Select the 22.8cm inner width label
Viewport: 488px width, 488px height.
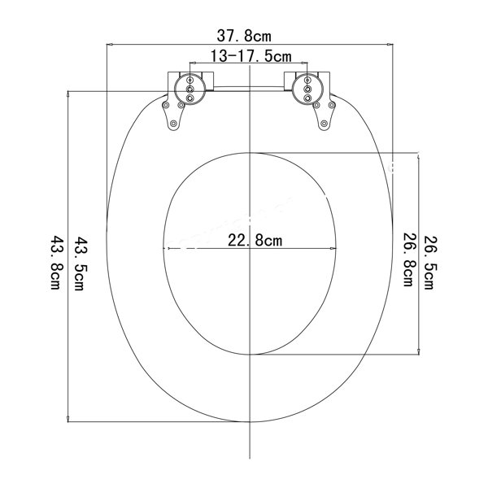[x=255, y=240]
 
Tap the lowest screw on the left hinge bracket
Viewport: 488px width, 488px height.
[x=172, y=124]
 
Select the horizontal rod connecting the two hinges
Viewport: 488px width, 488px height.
[x=248, y=84]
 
